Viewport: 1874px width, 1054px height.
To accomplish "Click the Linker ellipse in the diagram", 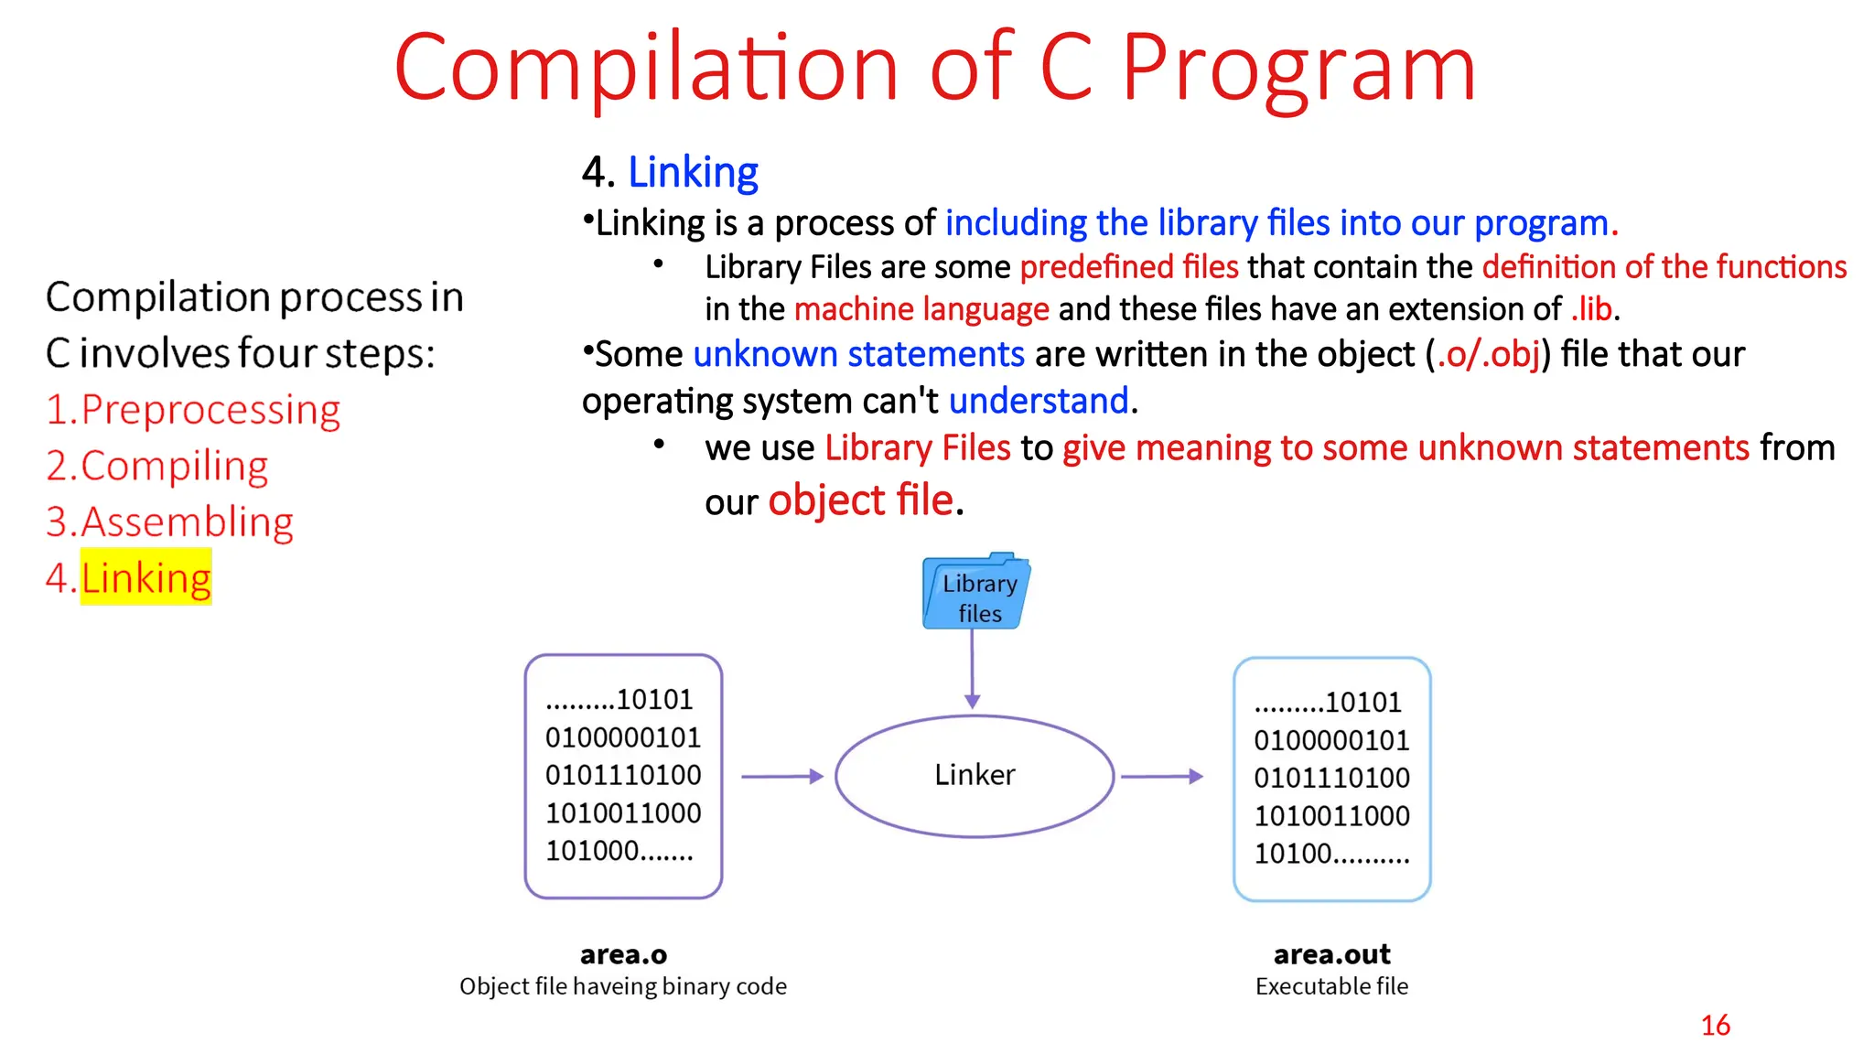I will click(x=975, y=775).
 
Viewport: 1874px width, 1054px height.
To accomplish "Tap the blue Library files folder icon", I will click(x=976, y=593).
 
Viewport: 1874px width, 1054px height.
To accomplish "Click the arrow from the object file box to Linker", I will click(x=781, y=776).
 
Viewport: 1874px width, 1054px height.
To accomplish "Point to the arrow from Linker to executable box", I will click(x=1161, y=776).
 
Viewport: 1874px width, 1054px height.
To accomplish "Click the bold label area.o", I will click(x=623, y=954).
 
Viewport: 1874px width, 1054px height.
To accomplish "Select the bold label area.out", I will click(x=1331, y=954).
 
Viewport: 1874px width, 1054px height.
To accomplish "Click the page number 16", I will click(x=1715, y=1025).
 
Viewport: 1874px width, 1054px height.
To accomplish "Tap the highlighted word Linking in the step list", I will click(x=146, y=577).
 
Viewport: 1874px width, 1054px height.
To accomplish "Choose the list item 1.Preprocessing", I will click(x=193, y=409).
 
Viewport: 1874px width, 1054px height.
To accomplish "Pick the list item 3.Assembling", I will click(x=170, y=522).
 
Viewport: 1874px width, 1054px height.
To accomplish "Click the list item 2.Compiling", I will click(x=157, y=466).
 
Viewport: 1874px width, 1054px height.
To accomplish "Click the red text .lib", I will click(x=1591, y=309).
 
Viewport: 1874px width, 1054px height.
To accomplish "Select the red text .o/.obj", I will click(x=1489, y=354).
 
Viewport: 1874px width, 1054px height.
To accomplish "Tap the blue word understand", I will click(x=1039, y=401).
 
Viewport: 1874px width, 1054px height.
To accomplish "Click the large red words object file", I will click(x=860, y=500).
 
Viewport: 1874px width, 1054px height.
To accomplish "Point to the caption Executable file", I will click(x=1331, y=986).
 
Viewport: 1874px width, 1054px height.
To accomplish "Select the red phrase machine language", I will click(x=921, y=309).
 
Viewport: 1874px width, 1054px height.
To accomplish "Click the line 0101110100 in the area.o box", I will click(x=623, y=775).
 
